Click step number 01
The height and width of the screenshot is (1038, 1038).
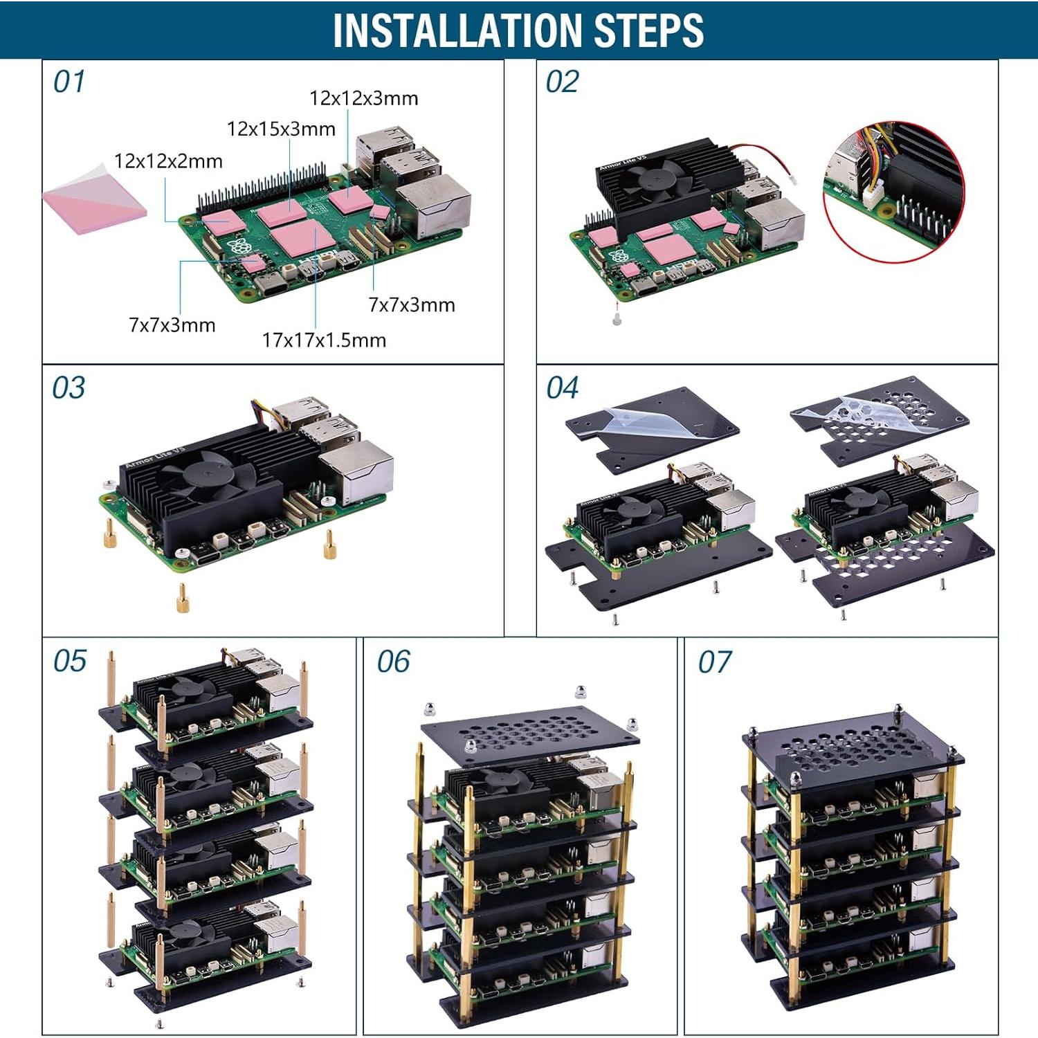[69, 82]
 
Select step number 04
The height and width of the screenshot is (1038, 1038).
[562, 388]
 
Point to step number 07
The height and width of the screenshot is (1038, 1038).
[714, 662]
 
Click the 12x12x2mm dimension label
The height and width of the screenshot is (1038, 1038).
[168, 161]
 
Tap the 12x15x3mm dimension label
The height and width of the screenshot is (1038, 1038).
[281, 129]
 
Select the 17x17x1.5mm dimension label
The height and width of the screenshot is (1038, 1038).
[324, 340]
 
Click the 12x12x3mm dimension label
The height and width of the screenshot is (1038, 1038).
[364, 98]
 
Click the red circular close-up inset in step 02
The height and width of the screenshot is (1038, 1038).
[893, 192]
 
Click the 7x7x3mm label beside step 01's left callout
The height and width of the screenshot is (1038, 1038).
[172, 325]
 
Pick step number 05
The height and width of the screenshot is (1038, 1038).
[69, 661]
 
